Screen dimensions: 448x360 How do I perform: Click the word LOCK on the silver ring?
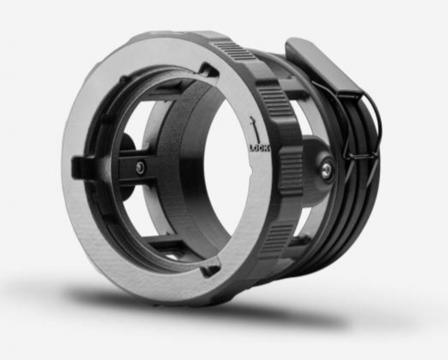click(260, 148)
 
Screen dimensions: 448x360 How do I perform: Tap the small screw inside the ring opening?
click(140, 168)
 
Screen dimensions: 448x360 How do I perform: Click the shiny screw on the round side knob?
click(326, 171)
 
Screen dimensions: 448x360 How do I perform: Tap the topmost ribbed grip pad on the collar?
click(235, 51)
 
